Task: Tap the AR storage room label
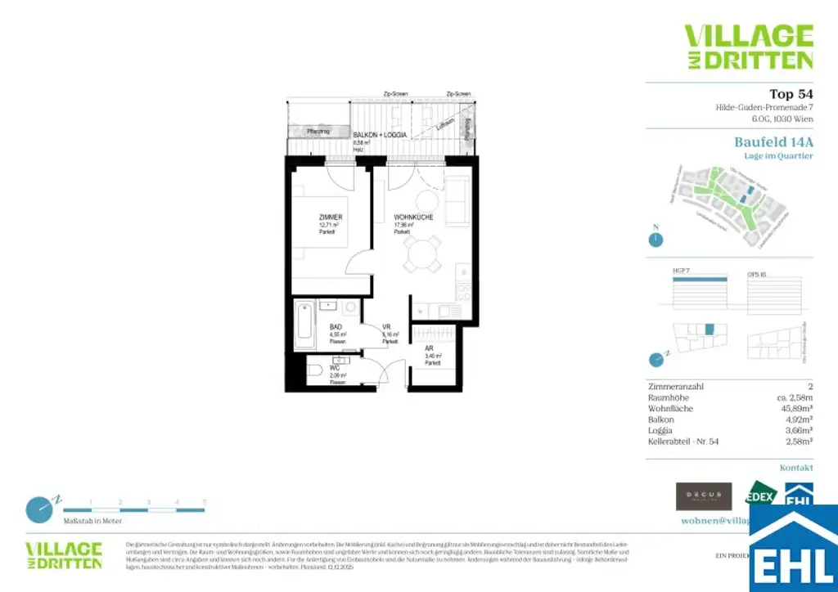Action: click(x=429, y=348)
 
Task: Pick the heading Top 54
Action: click(x=791, y=94)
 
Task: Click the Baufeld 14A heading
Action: click(x=773, y=141)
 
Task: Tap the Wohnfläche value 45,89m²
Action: click(x=794, y=407)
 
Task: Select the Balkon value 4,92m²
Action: click(x=798, y=419)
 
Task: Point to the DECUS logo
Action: click(x=703, y=496)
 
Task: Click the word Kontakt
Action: click(x=796, y=469)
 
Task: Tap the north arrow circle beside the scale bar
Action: click(x=38, y=509)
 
